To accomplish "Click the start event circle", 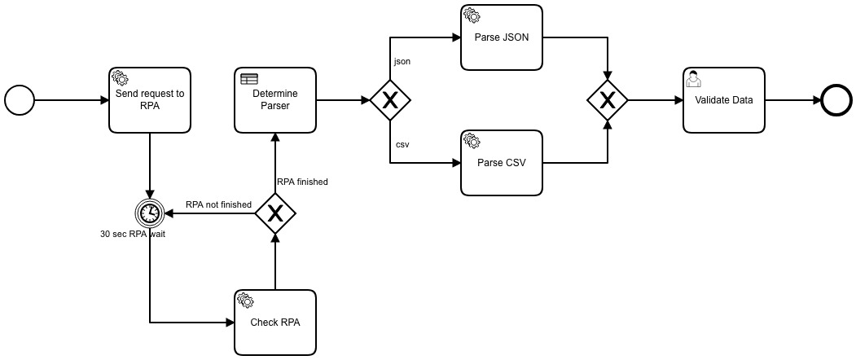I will click(20, 100).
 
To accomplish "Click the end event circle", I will click(835, 100).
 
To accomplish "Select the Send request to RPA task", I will click(150, 100).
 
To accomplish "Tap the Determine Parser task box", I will click(275, 100).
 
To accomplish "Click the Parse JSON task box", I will click(502, 37).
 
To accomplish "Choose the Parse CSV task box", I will click(502, 162).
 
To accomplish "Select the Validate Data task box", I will click(724, 100).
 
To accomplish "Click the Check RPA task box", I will click(275, 322).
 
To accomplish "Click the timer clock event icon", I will click(150, 213).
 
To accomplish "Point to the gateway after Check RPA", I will click(275, 213).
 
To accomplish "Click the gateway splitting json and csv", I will click(390, 100).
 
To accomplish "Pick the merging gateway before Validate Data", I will click(608, 100).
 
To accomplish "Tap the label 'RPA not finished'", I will click(218, 204).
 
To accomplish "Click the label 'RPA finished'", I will click(302, 182).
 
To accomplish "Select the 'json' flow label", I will click(402, 61).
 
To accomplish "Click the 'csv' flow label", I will click(402, 144).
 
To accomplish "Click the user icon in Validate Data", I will click(694, 78).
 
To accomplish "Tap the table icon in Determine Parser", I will click(248, 79).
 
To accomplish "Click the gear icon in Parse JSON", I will click(471, 15).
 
